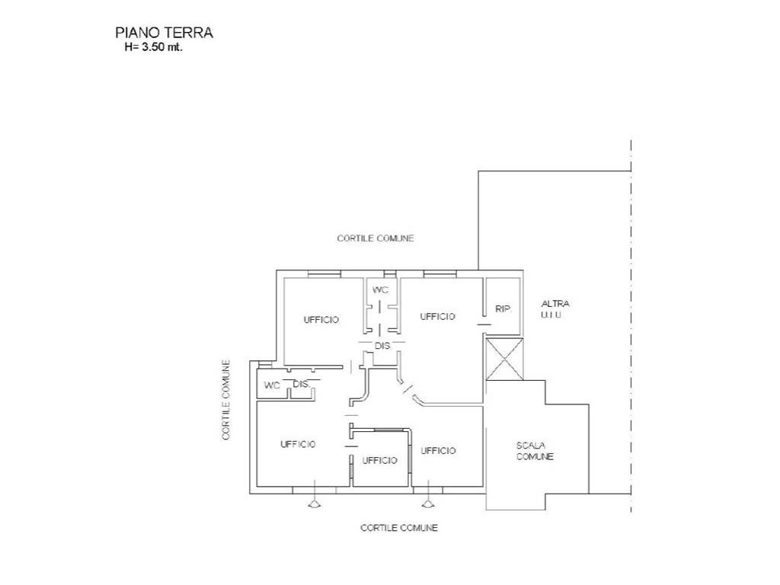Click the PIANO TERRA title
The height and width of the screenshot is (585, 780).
click(x=165, y=33)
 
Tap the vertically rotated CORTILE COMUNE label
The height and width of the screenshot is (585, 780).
click(x=226, y=400)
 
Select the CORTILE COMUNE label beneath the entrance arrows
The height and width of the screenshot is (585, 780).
click(x=399, y=527)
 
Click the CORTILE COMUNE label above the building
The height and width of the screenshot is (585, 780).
click(x=376, y=238)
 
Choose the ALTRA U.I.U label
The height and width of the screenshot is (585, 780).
click(x=555, y=309)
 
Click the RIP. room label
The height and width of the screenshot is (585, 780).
click(x=503, y=309)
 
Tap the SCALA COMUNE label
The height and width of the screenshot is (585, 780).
click(x=535, y=451)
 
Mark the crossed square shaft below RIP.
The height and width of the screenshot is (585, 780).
click(x=504, y=360)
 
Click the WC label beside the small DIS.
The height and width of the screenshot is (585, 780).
click(x=272, y=385)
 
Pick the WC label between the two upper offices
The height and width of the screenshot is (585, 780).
click(x=381, y=289)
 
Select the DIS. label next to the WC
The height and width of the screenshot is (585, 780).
click(x=302, y=384)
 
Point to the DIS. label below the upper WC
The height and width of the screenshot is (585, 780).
click(x=382, y=345)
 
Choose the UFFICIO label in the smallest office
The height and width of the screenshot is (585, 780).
click(x=379, y=461)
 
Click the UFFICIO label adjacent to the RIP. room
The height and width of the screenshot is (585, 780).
click(x=437, y=316)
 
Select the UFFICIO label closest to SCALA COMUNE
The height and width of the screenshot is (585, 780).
click(x=438, y=451)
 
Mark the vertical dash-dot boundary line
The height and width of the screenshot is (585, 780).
click(x=631, y=326)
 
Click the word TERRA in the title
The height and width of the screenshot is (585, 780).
click(x=189, y=33)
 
